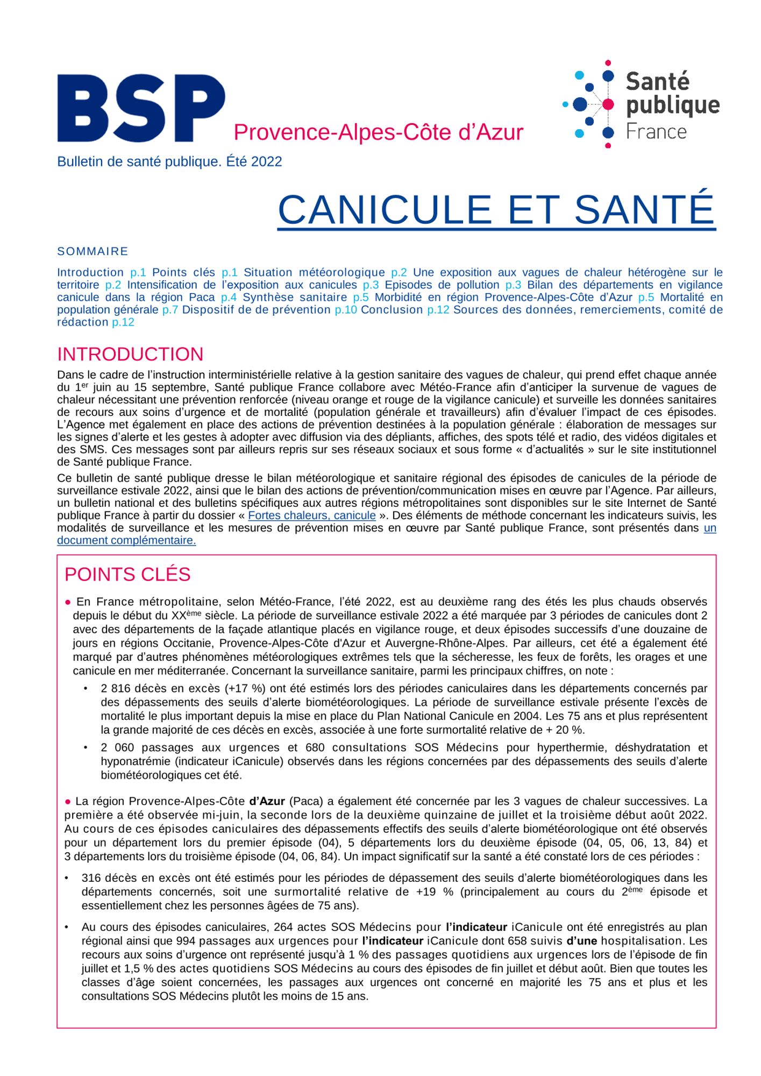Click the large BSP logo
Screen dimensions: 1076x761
pyautogui.click(x=141, y=108)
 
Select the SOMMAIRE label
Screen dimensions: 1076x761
pyautogui.click(x=93, y=251)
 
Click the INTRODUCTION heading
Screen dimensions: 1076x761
pyautogui.click(x=130, y=354)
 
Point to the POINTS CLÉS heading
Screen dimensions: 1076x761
pyautogui.click(x=127, y=574)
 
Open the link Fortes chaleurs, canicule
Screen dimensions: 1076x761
pyautogui.click(x=311, y=515)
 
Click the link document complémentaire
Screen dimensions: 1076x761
pyautogui.click(x=126, y=540)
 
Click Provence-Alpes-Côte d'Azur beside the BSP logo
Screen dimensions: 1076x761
pyautogui.click(x=378, y=132)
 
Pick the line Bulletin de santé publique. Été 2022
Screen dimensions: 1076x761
pyautogui.click(x=169, y=161)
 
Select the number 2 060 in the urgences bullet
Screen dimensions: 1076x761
pyautogui.click(x=117, y=748)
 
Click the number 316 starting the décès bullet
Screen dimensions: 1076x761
pyautogui.click(x=91, y=878)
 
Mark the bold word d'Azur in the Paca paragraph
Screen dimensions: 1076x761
pyautogui.click(x=267, y=802)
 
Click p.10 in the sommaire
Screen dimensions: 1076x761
pyautogui.click(x=345, y=310)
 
